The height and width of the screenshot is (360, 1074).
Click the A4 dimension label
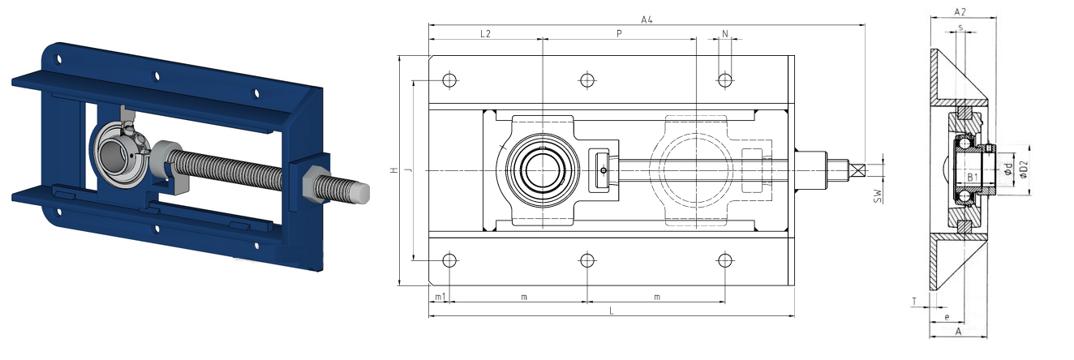coord(647,19)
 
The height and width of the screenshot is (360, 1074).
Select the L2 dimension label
coord(485,33)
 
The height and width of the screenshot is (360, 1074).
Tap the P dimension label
coord(619,33)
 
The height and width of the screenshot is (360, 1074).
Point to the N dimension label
coord(725,33)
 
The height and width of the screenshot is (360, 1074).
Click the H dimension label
coord(394,170)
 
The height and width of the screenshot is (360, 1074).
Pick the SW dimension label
coord(878,195)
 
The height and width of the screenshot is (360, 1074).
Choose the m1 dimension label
coord(440,298)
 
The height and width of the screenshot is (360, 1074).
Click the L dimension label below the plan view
coord(612,311)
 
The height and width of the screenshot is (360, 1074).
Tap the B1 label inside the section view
coord(972,178)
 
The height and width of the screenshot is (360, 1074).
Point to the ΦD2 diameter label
coord(1024,169)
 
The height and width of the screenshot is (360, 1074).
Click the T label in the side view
coord(914,302)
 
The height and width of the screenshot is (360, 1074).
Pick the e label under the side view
coord(947,317)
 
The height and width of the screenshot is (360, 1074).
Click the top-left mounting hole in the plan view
coord(449,80)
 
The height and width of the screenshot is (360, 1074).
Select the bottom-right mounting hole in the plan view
coord(725,260)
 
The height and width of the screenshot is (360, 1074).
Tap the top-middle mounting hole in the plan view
coord(587,80)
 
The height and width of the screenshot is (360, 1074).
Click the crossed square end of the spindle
coord(857,170)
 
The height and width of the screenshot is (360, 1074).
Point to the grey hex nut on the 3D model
coord(316,183)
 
